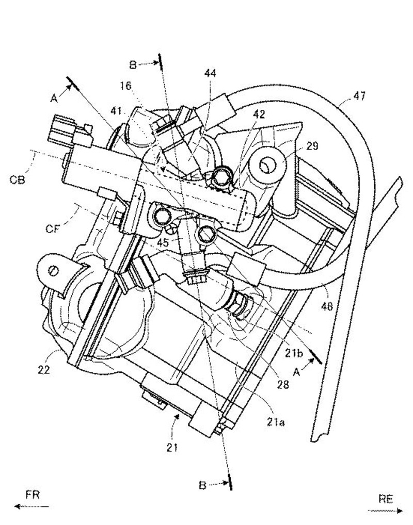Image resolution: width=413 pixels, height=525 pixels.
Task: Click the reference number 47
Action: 359,96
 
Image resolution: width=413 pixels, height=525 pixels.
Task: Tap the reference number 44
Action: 210,73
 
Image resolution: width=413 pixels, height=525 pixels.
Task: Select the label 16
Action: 126,86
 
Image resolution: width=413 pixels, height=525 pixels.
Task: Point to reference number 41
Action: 116,111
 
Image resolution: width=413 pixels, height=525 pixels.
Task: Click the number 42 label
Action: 259,114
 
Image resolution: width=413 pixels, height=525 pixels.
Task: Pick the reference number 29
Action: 312,146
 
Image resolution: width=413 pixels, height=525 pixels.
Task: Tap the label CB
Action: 17,180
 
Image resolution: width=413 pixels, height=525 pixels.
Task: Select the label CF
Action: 53,229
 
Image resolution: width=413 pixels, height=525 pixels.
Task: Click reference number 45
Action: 163,242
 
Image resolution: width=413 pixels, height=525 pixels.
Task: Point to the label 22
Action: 43,369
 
